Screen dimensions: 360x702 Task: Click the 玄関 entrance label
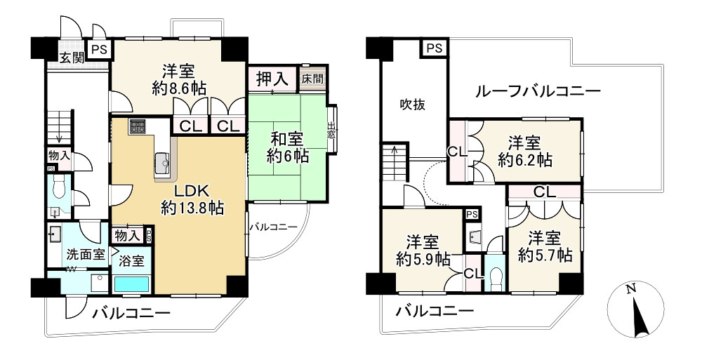(72, 58)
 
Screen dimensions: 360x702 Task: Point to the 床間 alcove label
(313, 79)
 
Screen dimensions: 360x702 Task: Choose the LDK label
(192, 189)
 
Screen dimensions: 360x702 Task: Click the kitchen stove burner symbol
(138, 127)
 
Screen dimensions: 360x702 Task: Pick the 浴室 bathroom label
(131, 262)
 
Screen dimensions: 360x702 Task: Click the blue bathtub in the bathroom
(131, 284)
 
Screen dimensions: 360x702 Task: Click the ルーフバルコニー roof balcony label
(537, 91)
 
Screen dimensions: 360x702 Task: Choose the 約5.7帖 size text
(545, 255)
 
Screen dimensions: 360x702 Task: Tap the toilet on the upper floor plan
(496, 276)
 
